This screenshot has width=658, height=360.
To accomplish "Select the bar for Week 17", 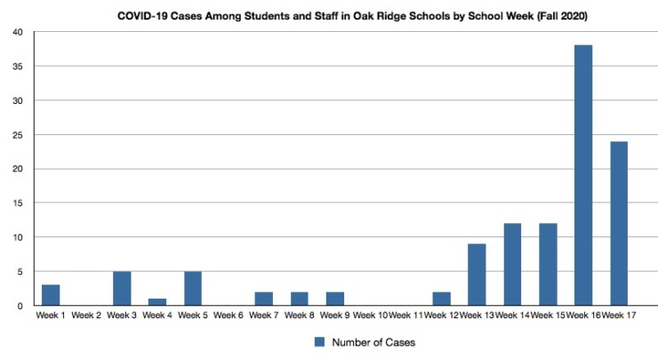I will click(618, 223).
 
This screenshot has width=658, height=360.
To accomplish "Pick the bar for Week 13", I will click(476, 275).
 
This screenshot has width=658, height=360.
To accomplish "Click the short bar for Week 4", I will click(156, 302).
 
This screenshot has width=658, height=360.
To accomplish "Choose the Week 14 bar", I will click(511, 265).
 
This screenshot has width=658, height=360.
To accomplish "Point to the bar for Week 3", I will click(122, 288).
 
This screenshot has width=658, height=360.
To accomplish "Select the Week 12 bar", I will click(441, 299).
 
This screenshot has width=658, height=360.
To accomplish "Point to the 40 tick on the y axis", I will click(17, 33).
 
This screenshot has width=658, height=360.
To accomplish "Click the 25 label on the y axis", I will click(17, 135).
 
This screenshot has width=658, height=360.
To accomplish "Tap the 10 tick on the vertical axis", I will click(17, 237).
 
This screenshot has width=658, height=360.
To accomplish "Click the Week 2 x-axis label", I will click(86, 316).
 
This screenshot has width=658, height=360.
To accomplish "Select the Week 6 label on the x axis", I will click(229, 316).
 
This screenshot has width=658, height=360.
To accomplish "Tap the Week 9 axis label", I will click(335, 316).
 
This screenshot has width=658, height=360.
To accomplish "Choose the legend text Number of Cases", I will click(373, 341).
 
